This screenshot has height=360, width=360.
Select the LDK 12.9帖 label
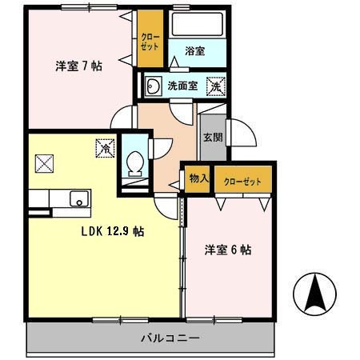(111, 232)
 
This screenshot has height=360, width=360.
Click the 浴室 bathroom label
(194, 51)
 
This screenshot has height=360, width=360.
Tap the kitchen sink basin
(79, 198)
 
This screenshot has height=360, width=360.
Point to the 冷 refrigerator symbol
(105, 148)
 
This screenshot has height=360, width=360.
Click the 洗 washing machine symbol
(215, 85)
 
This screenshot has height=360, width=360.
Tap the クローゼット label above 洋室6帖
(242, 181)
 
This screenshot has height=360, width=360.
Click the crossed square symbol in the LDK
(44, 163)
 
